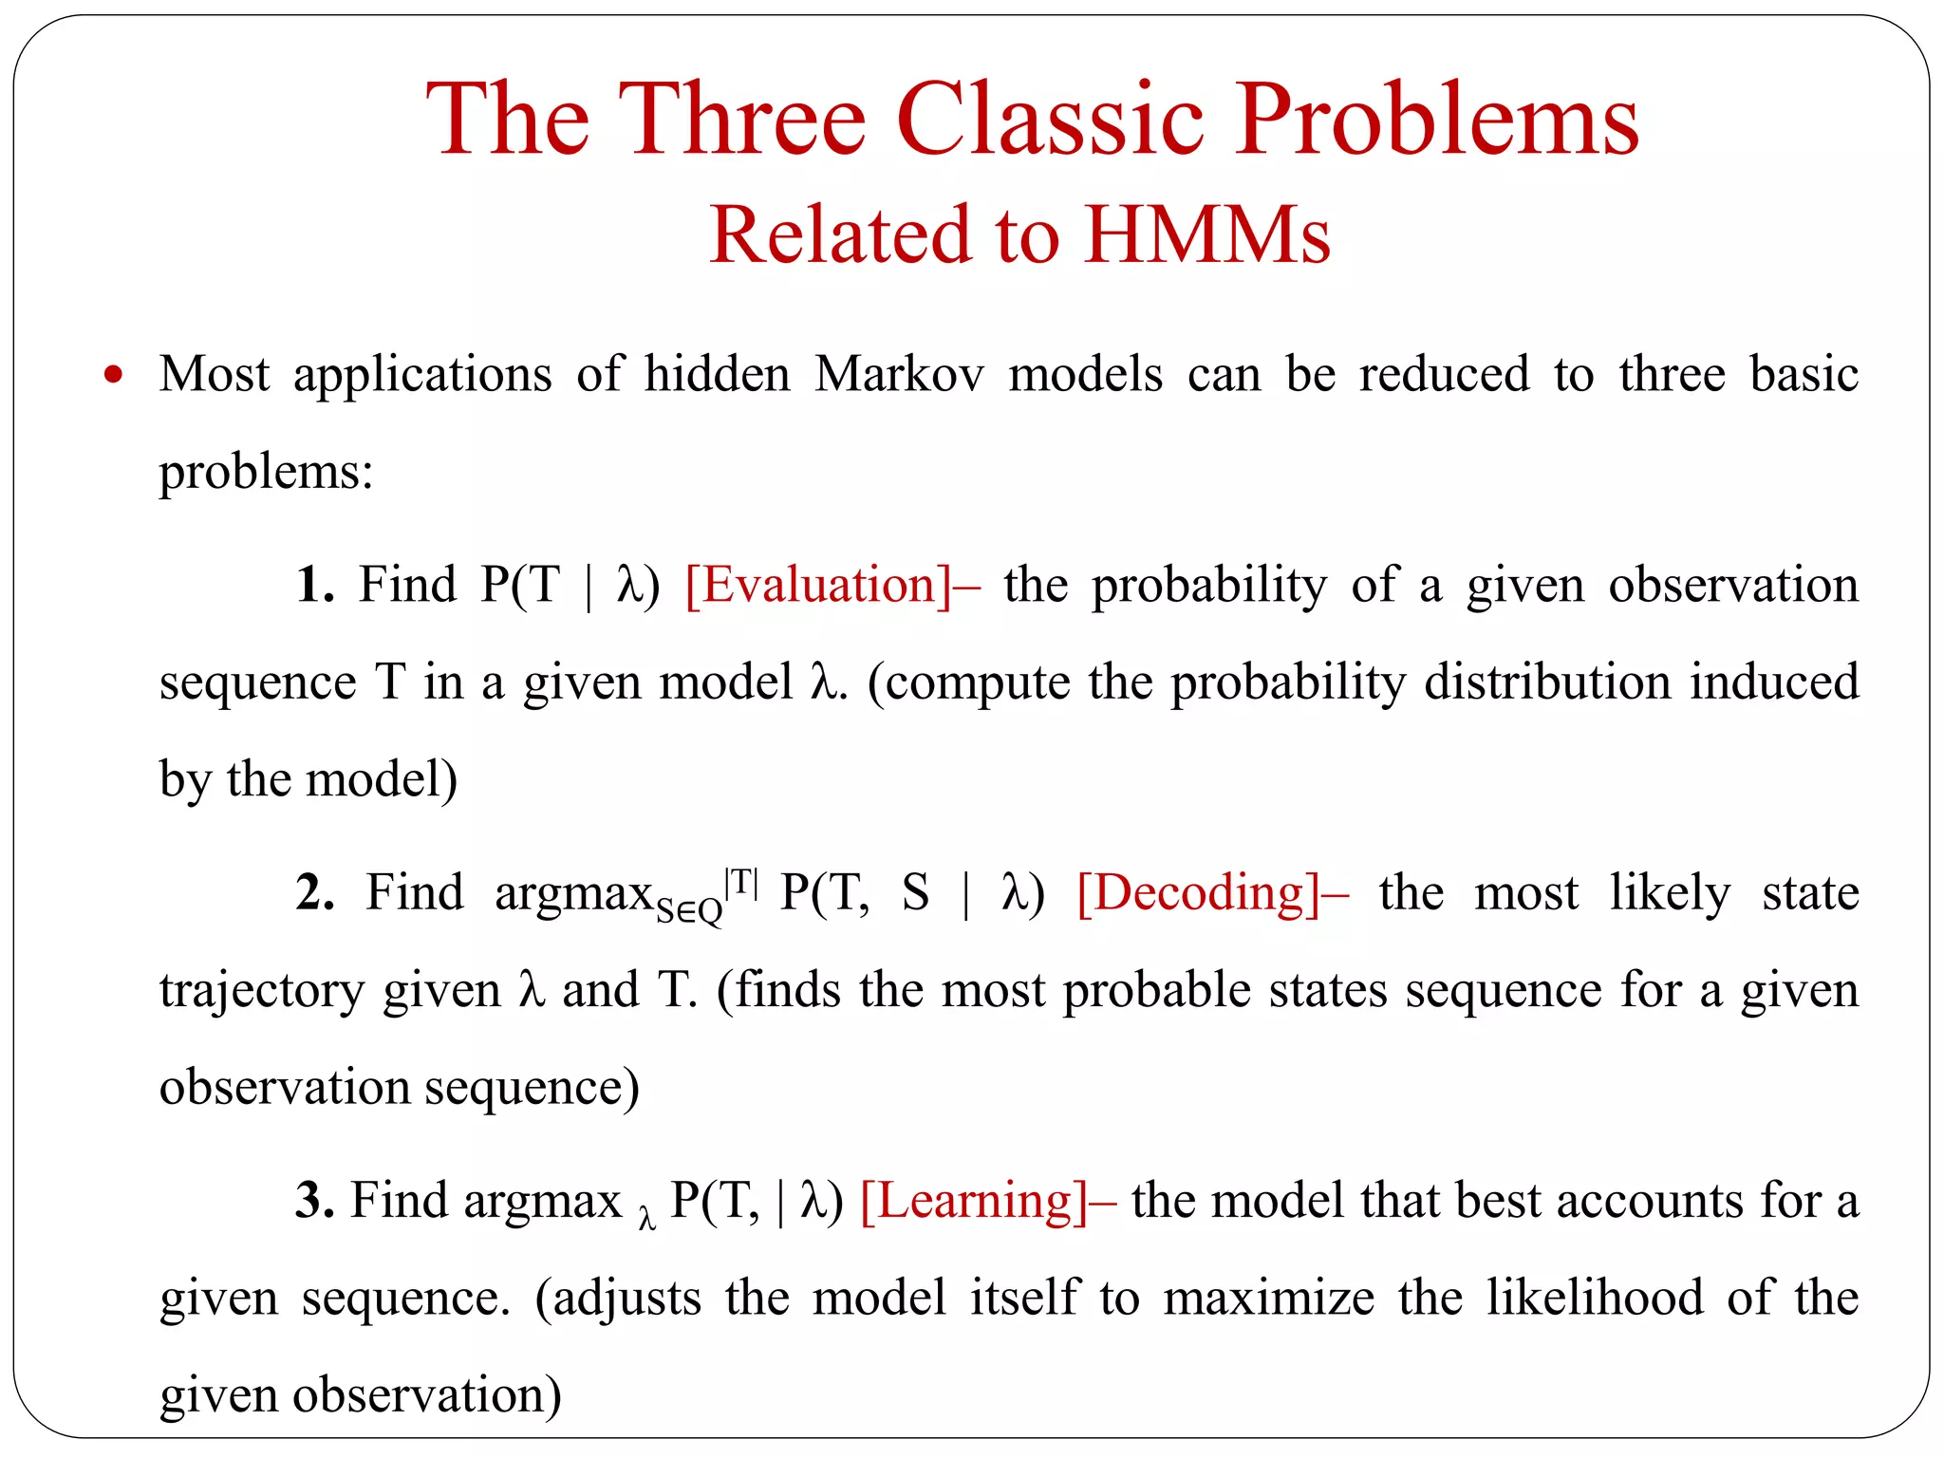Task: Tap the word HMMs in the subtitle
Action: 1207,234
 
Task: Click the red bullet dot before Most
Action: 114,374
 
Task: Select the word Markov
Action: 899,374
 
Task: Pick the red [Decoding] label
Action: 1200,892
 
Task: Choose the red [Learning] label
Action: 975,1201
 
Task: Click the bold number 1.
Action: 314,585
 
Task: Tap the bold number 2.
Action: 314,892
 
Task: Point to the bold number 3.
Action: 314,1201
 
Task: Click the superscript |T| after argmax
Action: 740,883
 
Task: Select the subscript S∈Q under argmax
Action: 689,911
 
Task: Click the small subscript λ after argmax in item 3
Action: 646,1218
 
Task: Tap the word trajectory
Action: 261,991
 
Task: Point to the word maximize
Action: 1268,1298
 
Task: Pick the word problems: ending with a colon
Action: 266,471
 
